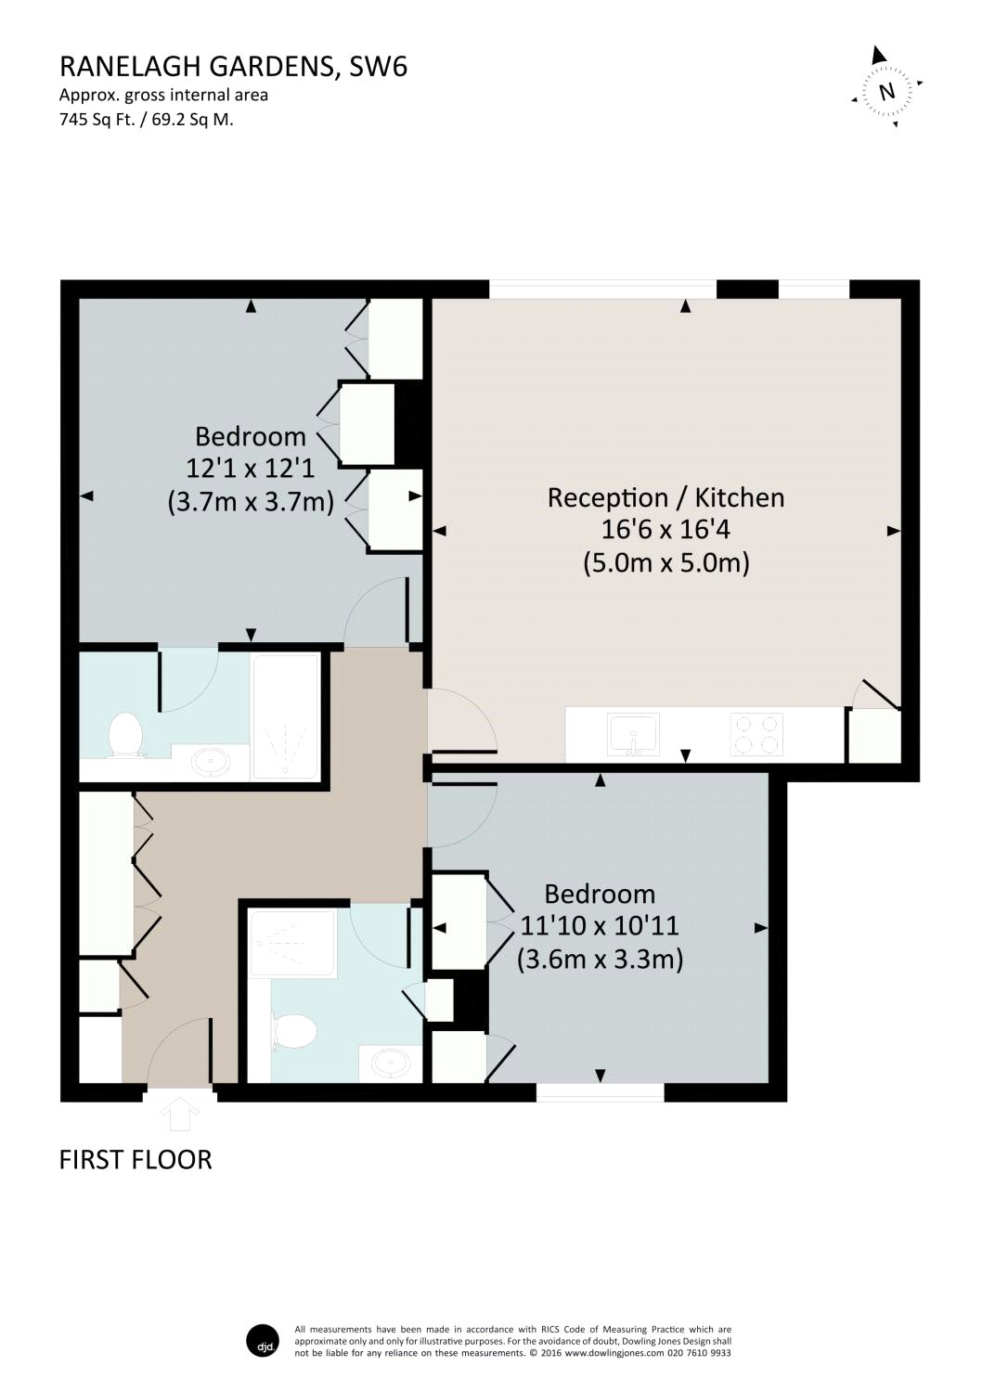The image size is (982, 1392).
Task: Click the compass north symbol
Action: coord(886,90)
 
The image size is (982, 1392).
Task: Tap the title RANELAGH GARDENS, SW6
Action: coord(233,66)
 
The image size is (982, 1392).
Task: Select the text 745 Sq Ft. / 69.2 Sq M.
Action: coord(146,119)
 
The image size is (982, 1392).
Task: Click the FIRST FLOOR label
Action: coord(136,1159)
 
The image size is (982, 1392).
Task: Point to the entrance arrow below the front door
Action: coord(180,1115)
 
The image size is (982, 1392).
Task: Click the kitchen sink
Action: coord(633,735)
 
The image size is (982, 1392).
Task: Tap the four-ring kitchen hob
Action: coord(756,734)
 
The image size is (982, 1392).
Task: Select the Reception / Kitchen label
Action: coord(665,497)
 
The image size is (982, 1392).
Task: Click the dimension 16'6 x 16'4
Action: coord(665,530)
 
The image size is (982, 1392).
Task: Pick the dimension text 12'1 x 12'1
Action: coord(251,469)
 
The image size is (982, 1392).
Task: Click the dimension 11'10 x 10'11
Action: coord(600,925)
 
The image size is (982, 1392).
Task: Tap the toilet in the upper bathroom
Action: coord(124,735)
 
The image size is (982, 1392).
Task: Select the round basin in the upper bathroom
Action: coord(213,762)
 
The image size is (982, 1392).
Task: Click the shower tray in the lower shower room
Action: coord(292,944)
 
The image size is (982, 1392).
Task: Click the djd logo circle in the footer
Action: coord(263,1341)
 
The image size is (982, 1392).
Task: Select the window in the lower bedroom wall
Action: coord(600,1092)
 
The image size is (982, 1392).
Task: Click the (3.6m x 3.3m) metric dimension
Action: coord(600,959)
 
